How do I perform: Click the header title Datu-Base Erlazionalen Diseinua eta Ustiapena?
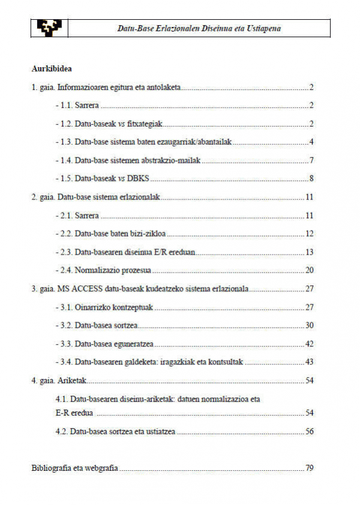[199, 28]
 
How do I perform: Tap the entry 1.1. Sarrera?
[77, 106]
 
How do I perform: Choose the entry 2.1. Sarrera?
[77, 215]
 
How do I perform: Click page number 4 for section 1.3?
[312, 142]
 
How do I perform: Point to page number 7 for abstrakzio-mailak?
[312, 160]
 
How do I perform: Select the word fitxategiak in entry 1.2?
[143, 124]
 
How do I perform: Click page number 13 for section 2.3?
[310, 252]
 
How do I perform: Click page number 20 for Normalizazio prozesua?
[310, 270]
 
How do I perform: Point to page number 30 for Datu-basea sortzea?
[310, 325]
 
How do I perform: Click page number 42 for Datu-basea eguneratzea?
[310, 344]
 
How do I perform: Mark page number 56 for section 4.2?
[310, 431]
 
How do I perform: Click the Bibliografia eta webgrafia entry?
[74, 468]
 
